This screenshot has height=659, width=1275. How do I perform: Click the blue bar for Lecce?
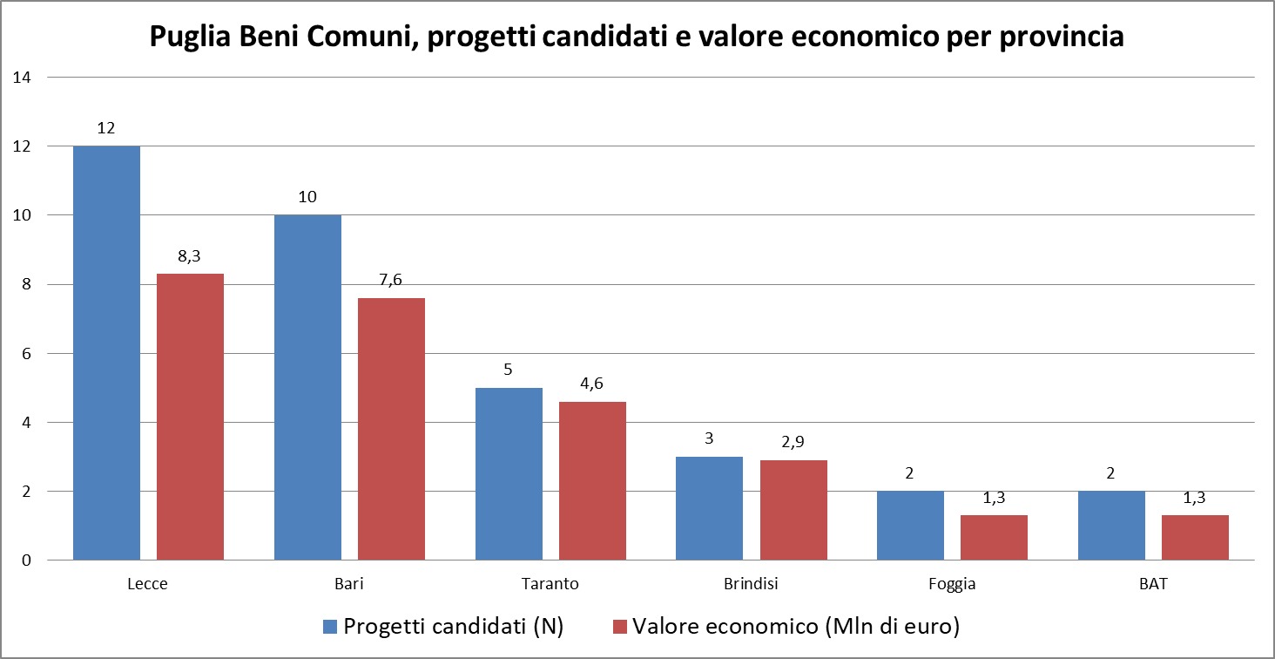(106, 353)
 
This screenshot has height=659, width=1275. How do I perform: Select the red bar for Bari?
(391, 429)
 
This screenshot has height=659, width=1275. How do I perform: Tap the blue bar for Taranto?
(509, 474)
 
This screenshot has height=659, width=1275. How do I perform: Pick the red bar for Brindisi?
(793, 510)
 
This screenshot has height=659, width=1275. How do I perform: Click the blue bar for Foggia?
(910, 526)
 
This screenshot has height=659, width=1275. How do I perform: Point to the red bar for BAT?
(1195, 538)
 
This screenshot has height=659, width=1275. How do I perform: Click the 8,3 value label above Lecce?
(190, 256)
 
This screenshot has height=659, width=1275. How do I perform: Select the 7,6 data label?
(391, 281)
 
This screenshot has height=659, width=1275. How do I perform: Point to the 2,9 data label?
(793, 443)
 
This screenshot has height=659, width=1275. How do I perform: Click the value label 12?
(106, 128)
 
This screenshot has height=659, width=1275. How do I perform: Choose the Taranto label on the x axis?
(550, 584)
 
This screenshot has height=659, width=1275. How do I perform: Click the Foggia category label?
(952, 584)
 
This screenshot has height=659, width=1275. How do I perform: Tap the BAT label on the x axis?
(1153, 584)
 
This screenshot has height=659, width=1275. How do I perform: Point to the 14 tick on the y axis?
(22, 78)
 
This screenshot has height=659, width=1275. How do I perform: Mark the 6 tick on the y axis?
(26, 354)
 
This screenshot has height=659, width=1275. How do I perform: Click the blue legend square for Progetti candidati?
(330, 627)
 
